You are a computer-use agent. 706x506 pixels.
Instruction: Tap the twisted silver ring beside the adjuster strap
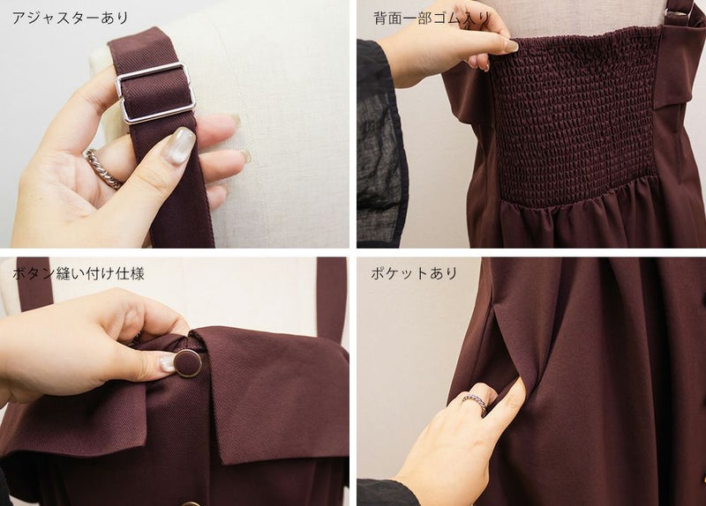102,169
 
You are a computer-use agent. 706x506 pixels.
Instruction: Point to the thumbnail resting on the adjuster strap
178,145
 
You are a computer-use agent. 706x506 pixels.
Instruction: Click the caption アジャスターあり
71,18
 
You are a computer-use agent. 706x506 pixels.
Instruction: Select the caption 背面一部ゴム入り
432,18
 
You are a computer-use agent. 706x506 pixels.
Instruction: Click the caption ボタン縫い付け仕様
79,273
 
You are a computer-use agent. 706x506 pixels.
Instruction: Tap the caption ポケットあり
414,273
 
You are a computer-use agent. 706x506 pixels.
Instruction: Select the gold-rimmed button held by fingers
187,362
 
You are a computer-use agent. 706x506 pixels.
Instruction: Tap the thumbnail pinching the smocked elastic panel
511,46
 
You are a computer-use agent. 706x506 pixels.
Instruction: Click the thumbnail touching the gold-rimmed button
167,363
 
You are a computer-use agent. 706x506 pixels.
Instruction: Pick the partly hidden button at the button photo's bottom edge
192,503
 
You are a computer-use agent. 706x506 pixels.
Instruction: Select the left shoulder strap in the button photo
34,283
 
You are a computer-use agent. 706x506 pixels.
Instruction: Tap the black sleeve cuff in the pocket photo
387,493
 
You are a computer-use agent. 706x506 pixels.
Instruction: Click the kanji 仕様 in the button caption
131,273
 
